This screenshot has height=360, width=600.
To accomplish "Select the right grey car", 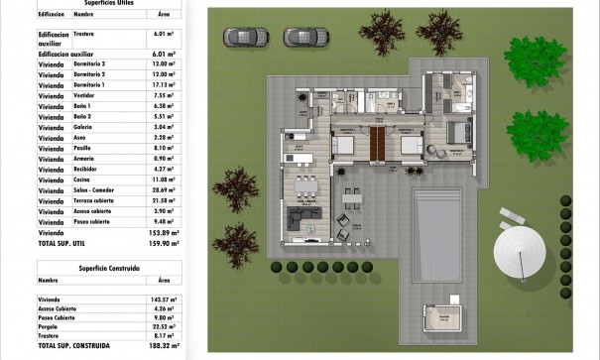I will coord(303,38).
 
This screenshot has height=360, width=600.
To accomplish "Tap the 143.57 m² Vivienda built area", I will coord(166,298).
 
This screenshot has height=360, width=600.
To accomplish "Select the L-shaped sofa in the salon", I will coord(302,218).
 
